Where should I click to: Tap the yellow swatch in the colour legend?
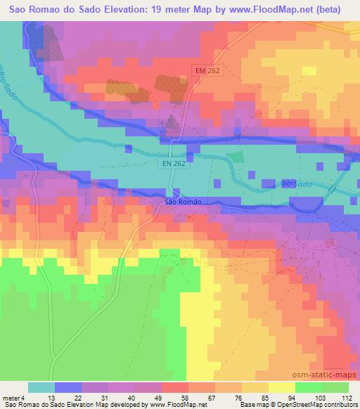click(282, 387)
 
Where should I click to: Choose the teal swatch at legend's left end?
click(41, 387)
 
